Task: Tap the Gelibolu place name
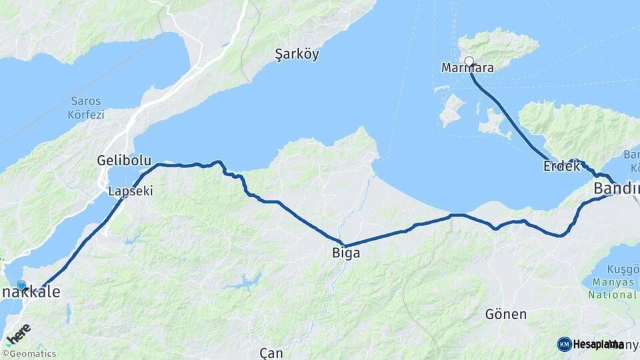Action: pos(123,161)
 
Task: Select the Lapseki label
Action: pos(131,191)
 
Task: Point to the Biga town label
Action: pos(346,253)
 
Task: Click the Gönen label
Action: pos(506,313)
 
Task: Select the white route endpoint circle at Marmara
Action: pos(469,61)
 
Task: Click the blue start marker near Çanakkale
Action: pos(21,285)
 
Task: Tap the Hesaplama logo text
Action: pos(598,344)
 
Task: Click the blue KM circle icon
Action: pos(565,344)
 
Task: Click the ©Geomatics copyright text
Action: pos(29,354)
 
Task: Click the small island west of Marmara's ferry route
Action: pos(453,109)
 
